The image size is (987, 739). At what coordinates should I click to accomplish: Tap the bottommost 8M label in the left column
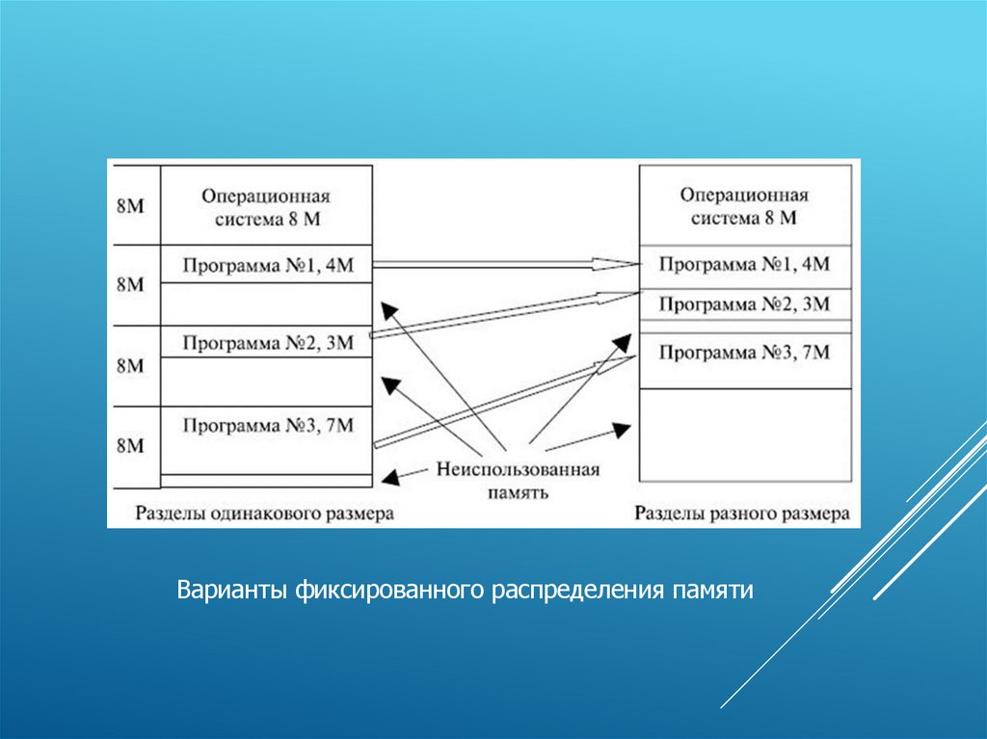tap(130, 446)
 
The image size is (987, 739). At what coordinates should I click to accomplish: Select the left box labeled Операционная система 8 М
tap(267, 206)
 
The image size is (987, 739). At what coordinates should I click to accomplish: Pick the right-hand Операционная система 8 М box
tap(744, 206)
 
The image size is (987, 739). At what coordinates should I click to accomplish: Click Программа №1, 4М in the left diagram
tap(267, 264)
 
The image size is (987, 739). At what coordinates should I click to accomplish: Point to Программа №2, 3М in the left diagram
tap(267, 342)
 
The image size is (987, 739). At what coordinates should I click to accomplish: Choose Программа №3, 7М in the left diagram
tap(267, 424)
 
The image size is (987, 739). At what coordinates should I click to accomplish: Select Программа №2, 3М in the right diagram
tap(744, 304)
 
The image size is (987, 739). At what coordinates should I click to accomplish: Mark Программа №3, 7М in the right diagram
tap(744, 353)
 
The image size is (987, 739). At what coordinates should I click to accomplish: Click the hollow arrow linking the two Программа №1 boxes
tap(501, 263)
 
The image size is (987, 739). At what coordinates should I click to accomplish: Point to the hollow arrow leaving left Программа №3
tap(501, 401)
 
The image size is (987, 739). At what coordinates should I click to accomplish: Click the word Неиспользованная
tap(518, 470)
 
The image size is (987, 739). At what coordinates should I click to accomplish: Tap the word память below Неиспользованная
tap(518, 492)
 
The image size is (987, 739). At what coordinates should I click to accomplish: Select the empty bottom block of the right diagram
tap(744, 434)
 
